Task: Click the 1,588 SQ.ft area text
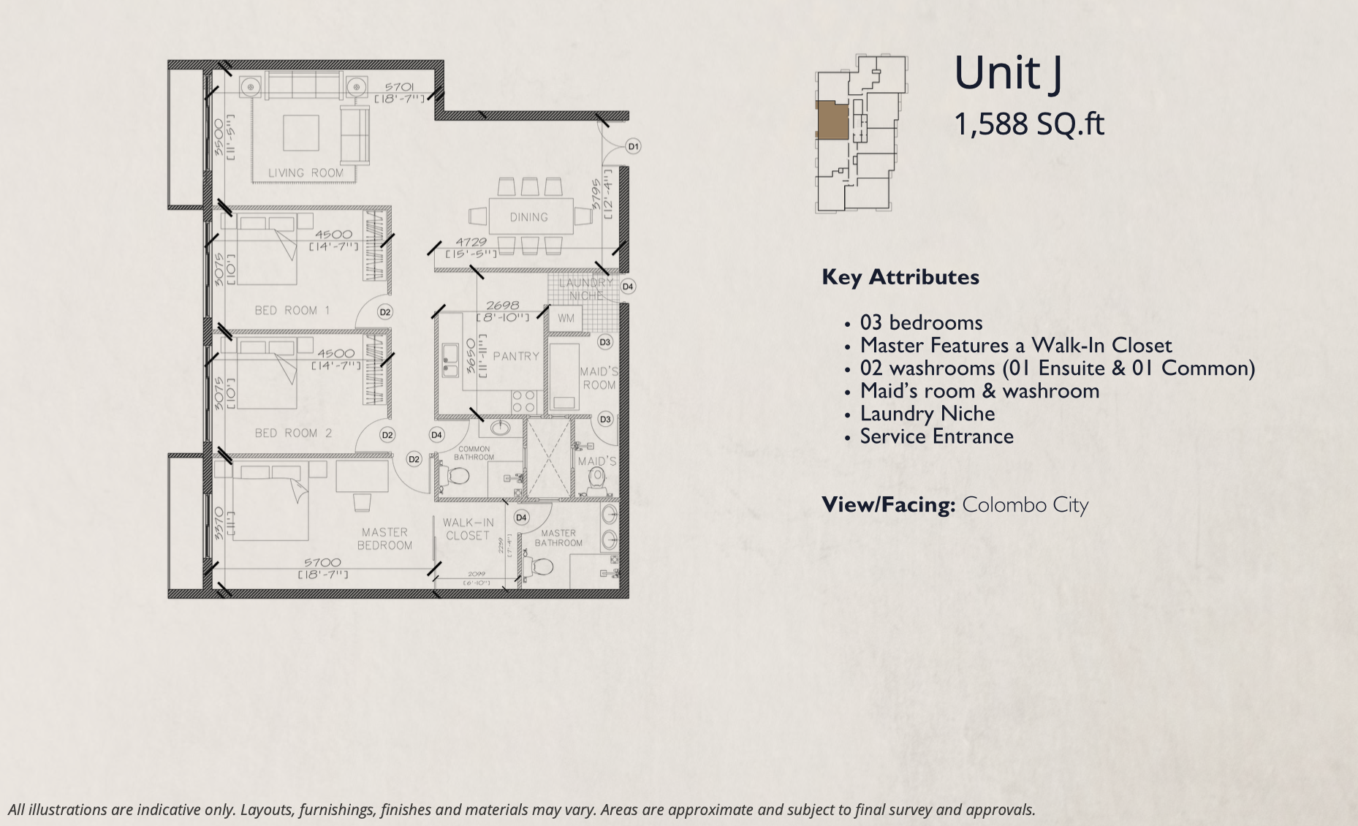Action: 1028,124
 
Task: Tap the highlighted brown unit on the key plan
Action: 832,120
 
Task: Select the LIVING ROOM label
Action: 306,173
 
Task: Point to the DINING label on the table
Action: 528,217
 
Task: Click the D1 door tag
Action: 633,146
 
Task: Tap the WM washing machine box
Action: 566,318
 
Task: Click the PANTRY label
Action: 515,356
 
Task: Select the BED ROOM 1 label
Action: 292,310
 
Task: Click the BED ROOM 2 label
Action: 293,433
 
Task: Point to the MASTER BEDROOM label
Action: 384,539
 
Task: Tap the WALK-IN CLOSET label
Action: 468,529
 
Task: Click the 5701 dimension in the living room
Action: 399,87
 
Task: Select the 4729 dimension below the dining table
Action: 471,242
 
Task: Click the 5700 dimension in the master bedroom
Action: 322,562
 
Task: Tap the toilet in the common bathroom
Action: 458,477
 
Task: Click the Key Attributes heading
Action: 900,277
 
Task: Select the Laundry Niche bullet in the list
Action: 927,414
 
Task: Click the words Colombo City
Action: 1025,505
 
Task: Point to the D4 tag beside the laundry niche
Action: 627,287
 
